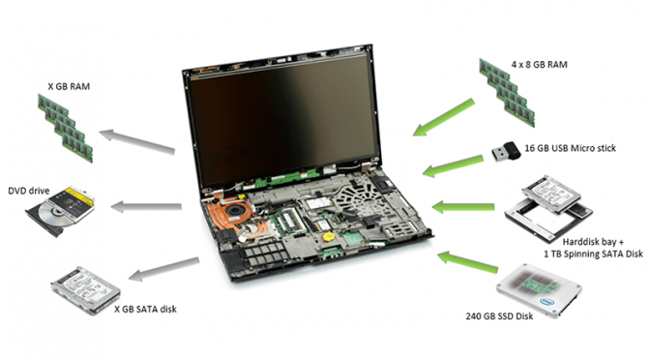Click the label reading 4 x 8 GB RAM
click(539, 65)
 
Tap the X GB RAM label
click(69, 87)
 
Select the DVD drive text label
click(29, 191)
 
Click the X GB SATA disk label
click(145, 309)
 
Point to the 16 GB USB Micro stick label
click(570, 148)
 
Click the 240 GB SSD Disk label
click(499, 316)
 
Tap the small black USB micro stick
click(506, 151)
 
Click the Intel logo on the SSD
click(548, 302)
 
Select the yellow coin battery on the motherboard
click(329, 237)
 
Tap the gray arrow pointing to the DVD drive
click(146, 206)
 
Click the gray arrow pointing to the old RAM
click(136, 141)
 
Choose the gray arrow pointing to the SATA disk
click(163, 269)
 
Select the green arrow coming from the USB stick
click(453, 166)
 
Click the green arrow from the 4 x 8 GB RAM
click(444, 117)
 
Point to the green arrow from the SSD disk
click(468, 262)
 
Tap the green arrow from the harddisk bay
click(463, 206)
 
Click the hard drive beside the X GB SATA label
click(86, 290)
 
